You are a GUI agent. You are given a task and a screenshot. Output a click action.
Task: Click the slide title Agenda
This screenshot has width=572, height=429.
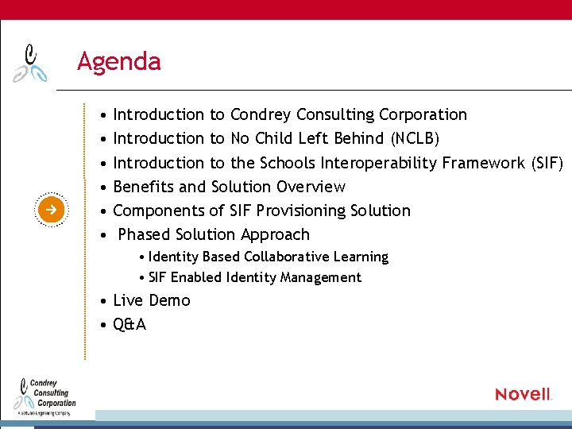click(x=118, y=61)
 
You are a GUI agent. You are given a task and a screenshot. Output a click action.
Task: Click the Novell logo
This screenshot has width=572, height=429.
click(x=523, y=394)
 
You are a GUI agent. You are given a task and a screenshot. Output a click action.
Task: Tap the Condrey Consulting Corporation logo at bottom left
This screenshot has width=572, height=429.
click(x=46, y=394)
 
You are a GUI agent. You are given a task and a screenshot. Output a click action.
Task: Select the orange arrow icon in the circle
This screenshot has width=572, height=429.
click(x=49, y=210)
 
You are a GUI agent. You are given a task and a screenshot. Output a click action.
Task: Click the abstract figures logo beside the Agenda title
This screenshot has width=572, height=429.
click(x=31, y=63)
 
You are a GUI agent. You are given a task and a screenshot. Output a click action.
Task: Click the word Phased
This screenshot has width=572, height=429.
click(x=144, y=235)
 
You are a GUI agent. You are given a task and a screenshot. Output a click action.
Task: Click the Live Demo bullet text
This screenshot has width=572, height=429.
click(x=152, y=300)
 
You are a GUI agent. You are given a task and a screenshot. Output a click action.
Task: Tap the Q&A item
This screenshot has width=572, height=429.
click(x=129, y=324)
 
